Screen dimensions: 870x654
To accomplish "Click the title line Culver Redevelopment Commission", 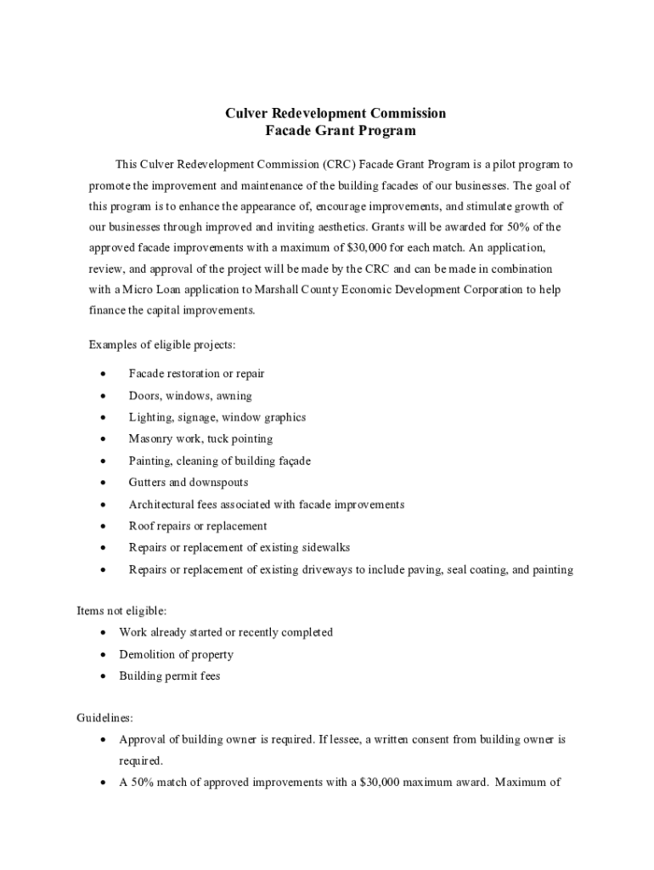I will [335, 113].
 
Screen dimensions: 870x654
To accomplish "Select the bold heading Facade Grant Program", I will [341, 131].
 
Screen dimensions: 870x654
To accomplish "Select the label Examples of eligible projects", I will [162, 344].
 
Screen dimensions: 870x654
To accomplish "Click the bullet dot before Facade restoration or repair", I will [103, 374].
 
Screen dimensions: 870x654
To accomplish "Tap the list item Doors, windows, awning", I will [190, 396].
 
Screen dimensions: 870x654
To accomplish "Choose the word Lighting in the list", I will [149, 417].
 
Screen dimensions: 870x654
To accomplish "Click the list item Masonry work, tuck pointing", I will [200, 439].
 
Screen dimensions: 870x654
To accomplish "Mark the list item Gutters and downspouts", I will [189, 483].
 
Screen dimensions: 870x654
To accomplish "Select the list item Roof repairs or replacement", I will [197, 526].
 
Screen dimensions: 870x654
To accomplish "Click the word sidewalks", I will [324, 548].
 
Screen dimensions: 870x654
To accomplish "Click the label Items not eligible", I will [121, 610].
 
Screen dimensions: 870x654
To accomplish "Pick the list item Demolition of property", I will [176, 654].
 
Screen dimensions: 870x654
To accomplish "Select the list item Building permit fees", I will [169, 676].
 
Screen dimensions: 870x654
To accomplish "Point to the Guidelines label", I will [104, 717].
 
